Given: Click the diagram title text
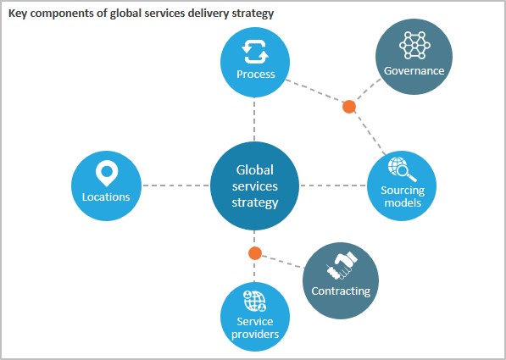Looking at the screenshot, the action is (x=141, y=14).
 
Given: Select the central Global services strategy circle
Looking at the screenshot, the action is (x=254, y=186).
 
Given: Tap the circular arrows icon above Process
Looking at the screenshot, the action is (x=255, y=53).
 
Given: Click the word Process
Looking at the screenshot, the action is (x=256, y=75).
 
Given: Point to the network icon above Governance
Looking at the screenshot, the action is (x=414, y=45).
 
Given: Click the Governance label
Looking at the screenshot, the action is (x=414, y=70).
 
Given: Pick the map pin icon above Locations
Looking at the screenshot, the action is (x=106, y=174).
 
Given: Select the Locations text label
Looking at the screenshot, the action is (x=106, y=197).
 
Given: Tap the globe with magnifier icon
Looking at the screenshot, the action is (x=402, y=169).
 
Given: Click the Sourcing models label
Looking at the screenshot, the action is (x=403, y=197).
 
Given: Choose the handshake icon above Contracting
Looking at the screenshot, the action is (x=342, y=266).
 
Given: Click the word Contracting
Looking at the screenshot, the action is (x=341, y=291).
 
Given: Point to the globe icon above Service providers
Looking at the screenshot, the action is (x=254, y=301).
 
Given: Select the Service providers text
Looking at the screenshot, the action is (x=255, y=328).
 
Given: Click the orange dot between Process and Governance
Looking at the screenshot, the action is (x=349, y=107).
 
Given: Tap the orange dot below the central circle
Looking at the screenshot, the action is (x=255, y=253).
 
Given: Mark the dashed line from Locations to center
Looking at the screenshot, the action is (x=176, y=186).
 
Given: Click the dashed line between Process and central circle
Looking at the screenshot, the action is (x=254, y=119).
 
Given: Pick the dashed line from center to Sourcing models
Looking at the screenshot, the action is (x=333, y=186).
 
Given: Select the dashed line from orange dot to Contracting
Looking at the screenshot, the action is (x=283, y=262).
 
